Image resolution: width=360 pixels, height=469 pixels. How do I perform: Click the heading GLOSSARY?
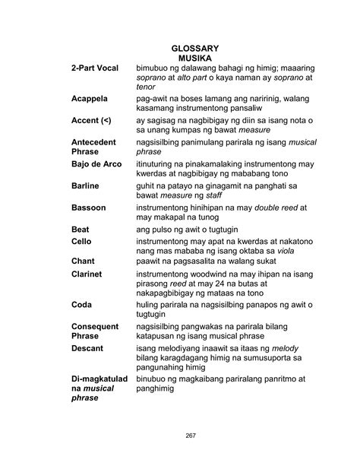pos(194,48)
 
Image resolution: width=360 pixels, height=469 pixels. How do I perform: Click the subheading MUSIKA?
pos(194,58)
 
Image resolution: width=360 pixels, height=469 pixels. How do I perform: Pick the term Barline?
pos(85,185)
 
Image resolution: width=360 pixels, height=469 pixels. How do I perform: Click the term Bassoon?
pos(89,208)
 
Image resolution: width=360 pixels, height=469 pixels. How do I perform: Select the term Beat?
pos(81,229)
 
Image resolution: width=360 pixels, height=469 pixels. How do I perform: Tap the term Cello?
pos(81,241)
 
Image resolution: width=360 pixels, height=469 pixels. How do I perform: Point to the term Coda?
pos(82,305)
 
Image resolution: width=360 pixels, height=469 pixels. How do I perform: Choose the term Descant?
pos(87,348)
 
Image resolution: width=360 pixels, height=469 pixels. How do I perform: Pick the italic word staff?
pos(226,196)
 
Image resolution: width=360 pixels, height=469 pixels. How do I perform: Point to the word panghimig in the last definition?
pos(156,388)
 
